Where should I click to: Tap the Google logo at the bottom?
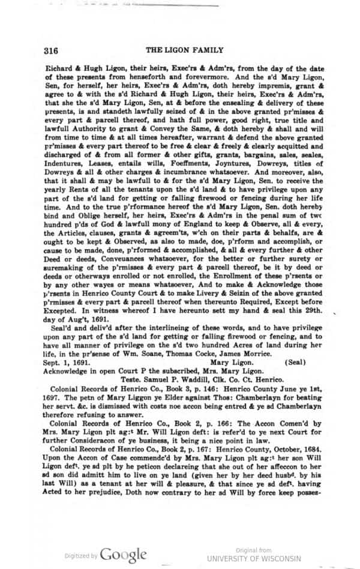click(x=123, y=554)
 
